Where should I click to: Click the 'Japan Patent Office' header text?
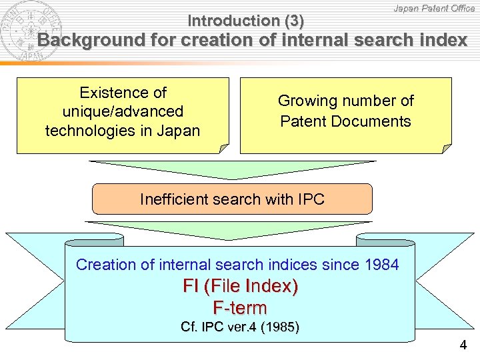click(434, 8)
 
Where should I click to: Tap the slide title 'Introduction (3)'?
click(246, 21)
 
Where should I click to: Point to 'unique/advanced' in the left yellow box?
click(123, 111)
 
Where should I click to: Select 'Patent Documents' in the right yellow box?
click(345, 121)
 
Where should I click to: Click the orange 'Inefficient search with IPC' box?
click(231, 199)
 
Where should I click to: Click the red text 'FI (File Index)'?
click(240, 287)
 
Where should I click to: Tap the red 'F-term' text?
click(240, 308)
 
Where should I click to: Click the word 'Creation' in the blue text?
click(106, 265)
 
